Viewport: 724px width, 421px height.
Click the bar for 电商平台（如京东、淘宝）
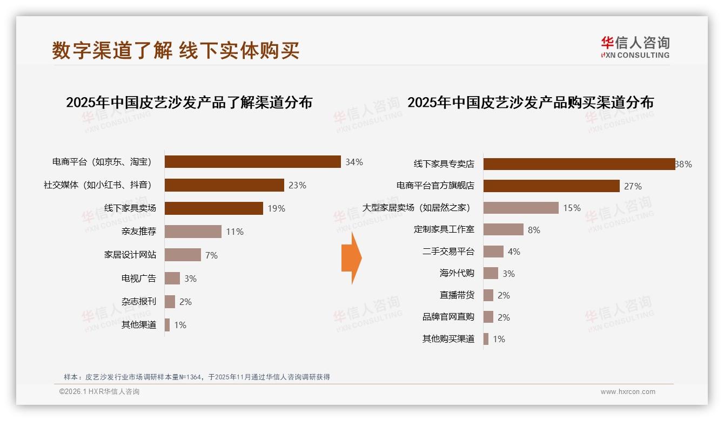(x=252, y=162)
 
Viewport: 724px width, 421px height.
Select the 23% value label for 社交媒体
(x=297, y=185)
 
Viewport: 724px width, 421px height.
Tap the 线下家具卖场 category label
(x=130, y=208)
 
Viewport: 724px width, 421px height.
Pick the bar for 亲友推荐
(x=193, y=232)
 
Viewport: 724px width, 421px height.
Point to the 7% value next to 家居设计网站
(x=211, y=255)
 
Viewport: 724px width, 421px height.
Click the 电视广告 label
(x=138, y=279)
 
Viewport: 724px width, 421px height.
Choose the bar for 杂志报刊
(x=170, y=302)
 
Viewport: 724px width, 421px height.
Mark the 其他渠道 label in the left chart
(x=138, y=325)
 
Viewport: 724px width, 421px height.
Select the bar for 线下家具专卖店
(x=579, y=164)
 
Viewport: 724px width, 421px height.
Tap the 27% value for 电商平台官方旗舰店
(x=633, y=186)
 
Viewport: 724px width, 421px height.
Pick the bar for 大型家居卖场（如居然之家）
(x=521, y=208)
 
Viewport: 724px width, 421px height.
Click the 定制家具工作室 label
(x=444, y=229)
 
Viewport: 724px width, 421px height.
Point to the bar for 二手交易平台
(x=493, y=252)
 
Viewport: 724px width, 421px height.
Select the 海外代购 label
(x=457, y=273)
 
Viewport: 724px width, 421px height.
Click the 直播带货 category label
(x=457, y=295)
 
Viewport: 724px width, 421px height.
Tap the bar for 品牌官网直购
(x=488, y=317)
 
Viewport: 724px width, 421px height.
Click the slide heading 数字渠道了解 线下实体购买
(x=176, y=51)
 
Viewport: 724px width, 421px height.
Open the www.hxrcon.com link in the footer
(x=627, y=392)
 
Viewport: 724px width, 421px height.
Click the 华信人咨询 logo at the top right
(x=634, y=47)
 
